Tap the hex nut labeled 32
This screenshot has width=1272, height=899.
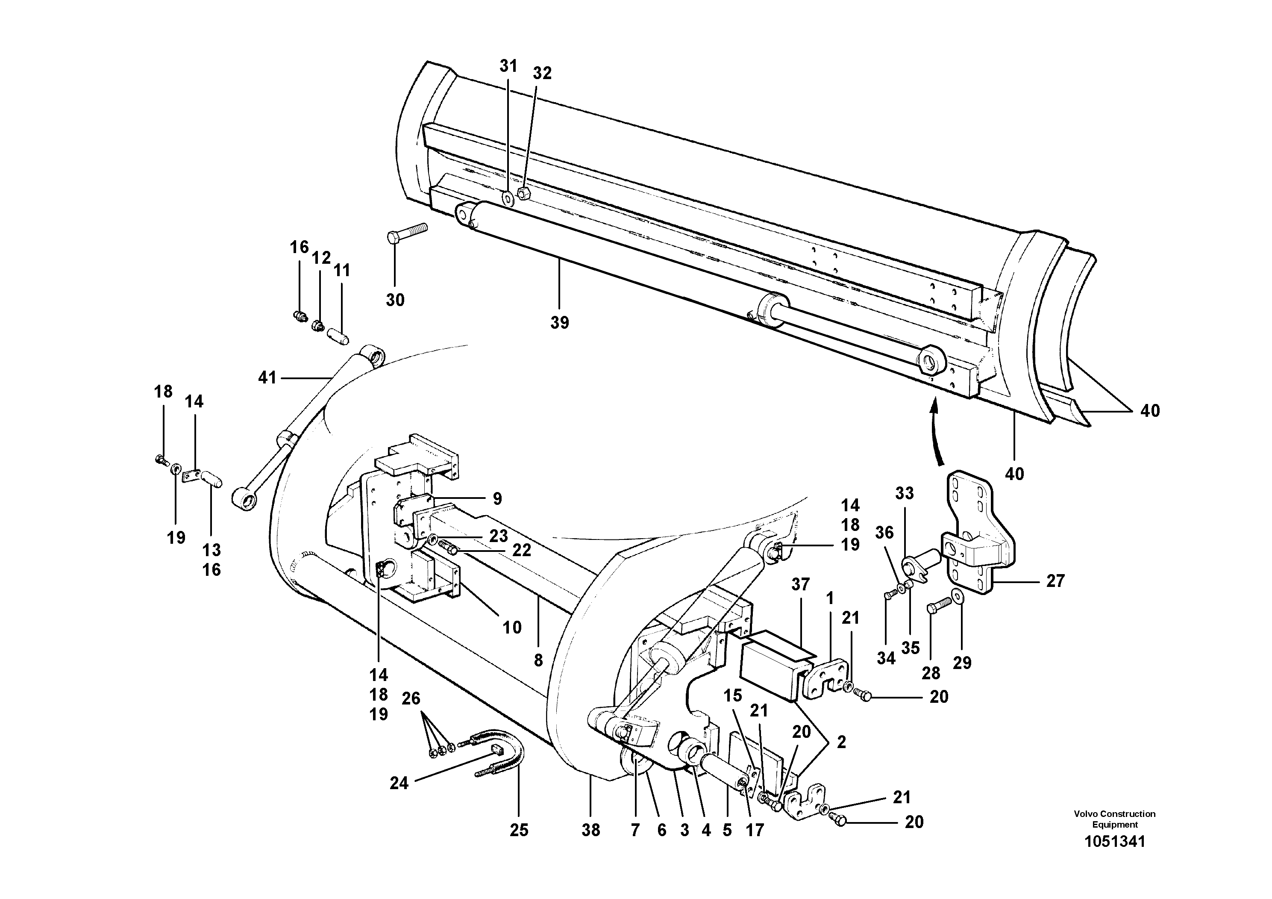coord(523,193)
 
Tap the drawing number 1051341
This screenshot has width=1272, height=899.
coord(1114,841)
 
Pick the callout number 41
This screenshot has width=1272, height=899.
coord(267,378)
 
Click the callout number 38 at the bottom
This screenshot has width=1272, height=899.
coord(590,830)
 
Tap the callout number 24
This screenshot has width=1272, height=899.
coord(399,783)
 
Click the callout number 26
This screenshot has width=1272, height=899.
coord(411,699)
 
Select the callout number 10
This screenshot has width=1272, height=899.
coord(512,628)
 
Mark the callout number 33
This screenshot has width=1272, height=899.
coord(904,493)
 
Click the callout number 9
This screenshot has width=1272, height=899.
coord(497,498)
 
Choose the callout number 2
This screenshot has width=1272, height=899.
coord(841,742)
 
